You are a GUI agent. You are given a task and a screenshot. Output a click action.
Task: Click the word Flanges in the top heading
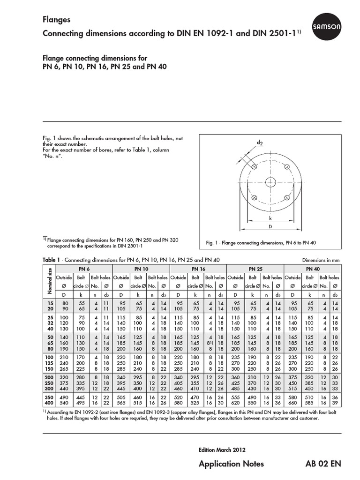57,20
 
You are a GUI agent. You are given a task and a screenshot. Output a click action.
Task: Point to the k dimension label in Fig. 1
270,218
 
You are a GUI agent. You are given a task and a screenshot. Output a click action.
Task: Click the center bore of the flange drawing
270,182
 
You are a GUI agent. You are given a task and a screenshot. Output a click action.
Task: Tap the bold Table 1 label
52,260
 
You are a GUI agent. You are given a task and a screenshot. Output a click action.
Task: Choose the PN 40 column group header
312,269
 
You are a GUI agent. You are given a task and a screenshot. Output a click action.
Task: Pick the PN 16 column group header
198,269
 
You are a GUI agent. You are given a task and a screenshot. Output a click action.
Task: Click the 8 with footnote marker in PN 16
210,343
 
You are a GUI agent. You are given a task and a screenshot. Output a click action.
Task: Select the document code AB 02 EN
323,464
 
